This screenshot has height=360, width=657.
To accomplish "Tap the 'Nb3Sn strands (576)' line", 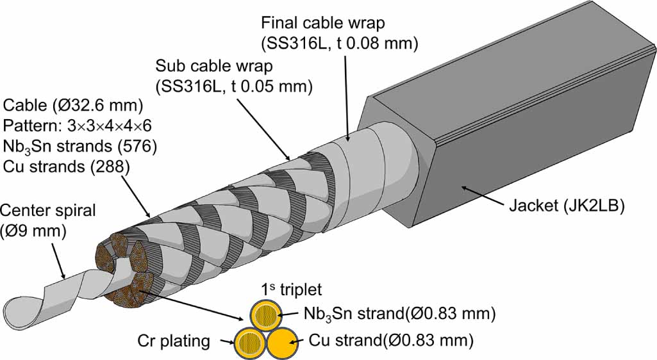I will pyautogui.click(x=80, y=147).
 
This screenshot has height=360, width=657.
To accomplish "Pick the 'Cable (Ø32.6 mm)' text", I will pyautogui.click(x=73, y=104).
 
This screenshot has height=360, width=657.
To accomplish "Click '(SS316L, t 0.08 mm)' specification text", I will pyautogui.click(x=340, y=44).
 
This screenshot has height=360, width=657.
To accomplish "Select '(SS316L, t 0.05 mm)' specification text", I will pyautogui.click(x=233, y=86).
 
